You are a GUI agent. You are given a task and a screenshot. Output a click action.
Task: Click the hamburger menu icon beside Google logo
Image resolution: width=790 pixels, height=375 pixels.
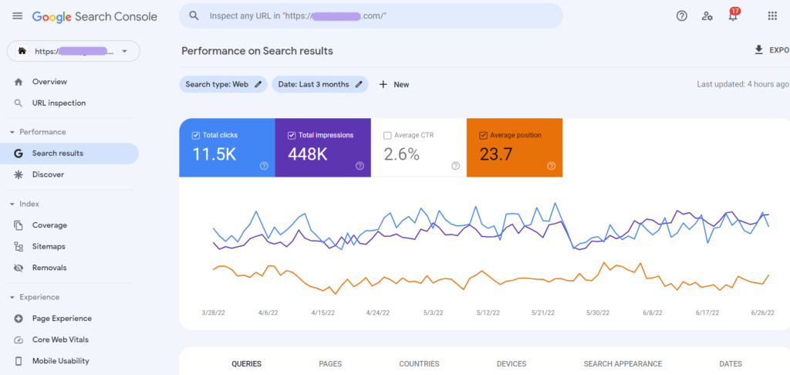pos(17,16)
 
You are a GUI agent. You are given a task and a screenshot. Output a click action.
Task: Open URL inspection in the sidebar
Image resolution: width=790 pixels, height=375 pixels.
pos(59,103)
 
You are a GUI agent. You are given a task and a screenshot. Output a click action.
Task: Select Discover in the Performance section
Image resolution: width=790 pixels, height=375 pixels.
pos(48,175)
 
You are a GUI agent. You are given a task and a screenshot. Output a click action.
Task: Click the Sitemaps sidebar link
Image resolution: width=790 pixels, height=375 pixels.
pos(49,247)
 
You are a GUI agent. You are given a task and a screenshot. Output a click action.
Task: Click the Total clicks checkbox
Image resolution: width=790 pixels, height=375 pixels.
pos(196,135)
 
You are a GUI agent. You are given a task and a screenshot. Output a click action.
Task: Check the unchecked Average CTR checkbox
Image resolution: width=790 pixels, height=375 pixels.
pos(387,135)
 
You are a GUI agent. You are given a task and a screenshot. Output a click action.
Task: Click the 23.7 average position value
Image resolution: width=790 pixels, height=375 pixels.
pos(496,154)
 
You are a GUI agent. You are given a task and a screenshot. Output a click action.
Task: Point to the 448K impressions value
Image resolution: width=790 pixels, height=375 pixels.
pos(308,154)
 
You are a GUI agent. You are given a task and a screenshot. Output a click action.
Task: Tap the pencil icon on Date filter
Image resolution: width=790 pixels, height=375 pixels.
pos(359,85)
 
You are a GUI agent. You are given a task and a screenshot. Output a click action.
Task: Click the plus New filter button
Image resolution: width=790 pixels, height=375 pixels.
pos(393,85)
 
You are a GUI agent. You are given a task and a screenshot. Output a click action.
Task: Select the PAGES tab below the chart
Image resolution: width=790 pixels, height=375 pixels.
pos(330,364)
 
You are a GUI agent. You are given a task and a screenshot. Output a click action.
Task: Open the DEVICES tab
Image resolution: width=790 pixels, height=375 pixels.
pos(511,364)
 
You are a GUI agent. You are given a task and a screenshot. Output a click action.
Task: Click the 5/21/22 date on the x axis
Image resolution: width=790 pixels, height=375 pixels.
pos(544,313)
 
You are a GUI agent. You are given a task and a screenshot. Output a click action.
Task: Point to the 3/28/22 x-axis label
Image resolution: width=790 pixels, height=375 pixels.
pos(214,313)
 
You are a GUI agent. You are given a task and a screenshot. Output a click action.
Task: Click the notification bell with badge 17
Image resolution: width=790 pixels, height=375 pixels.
pos(733,16)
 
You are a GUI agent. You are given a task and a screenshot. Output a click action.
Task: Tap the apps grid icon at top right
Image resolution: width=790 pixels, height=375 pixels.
pos(772,16)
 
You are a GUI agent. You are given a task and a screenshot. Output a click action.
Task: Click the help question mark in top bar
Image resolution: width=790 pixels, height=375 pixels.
pos(681,16)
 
